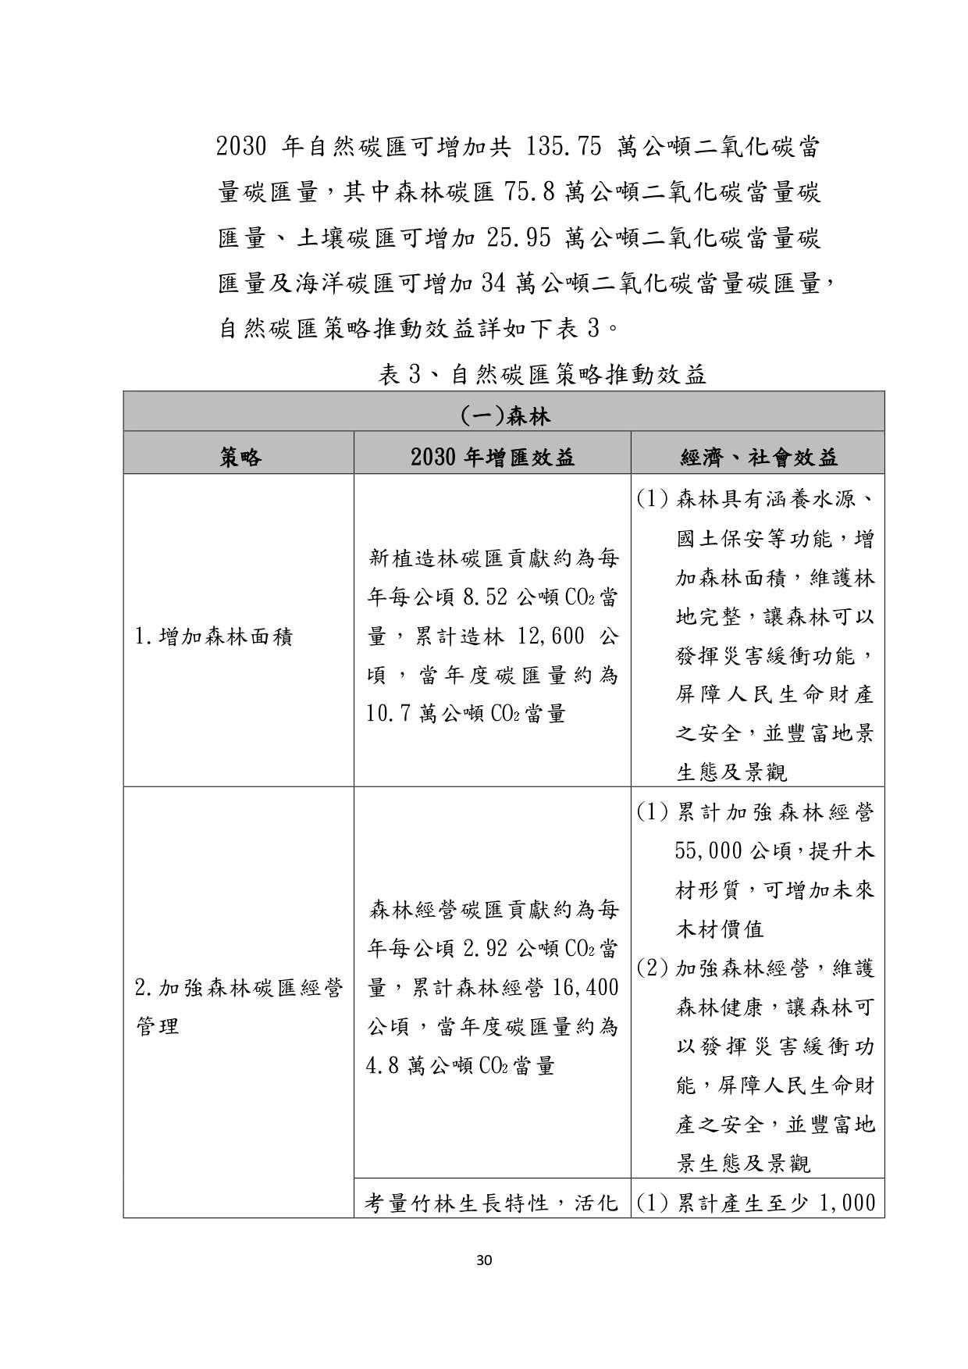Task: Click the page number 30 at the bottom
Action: point(484,1259)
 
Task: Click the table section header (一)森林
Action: point(504,415)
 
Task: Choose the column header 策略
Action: point(240,457)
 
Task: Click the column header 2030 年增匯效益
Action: point(493,457)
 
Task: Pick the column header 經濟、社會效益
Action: point(758,457)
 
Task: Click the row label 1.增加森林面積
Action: point(213,637)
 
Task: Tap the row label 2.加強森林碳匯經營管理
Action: point(238,1007)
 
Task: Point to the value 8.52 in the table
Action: point(485,598)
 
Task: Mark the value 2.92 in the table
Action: point(485,949)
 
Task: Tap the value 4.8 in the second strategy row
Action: point(383,1066)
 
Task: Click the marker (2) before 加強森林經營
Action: point(651,969)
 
